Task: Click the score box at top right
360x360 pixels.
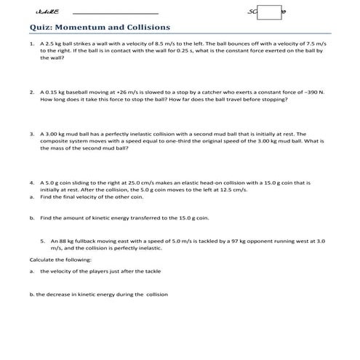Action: (x=269, y=12)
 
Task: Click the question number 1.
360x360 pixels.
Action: (x=31, y=44)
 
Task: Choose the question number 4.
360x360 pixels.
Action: (x=31, y=182)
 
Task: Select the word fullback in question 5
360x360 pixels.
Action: (x=89, y=239)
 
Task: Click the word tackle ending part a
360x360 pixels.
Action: (x=152, y=271)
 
